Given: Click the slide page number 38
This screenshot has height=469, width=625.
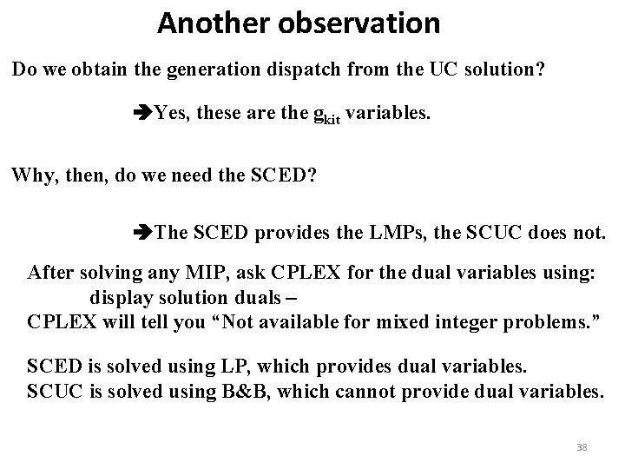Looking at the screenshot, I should tap(582, 447).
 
